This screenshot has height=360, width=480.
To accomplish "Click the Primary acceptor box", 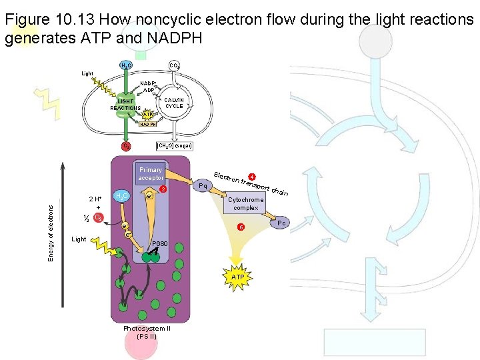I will click(151, 175).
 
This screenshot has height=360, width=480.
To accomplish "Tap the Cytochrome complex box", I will click(246, 204).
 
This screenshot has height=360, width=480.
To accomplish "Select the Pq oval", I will click(202, 185).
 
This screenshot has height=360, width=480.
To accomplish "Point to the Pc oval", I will click(281, 223).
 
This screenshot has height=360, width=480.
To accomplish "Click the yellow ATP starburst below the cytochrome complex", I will click(237, 276).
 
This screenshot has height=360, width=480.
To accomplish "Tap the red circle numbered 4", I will click(252, 177).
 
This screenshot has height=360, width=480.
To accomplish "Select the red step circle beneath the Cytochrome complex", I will click(241, 228).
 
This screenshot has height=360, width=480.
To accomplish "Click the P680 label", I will click(160, 244).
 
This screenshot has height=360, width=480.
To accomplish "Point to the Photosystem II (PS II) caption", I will click(147, 332).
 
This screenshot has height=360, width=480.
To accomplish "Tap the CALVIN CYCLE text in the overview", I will click(174, 103).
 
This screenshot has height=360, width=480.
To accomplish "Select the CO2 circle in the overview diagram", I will click(173, 65).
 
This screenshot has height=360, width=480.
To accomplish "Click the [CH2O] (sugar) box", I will click(173, 146).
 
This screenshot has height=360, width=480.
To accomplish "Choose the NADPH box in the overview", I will click(148, 124).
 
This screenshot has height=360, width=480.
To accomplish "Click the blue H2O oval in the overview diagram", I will click(125, 65).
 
